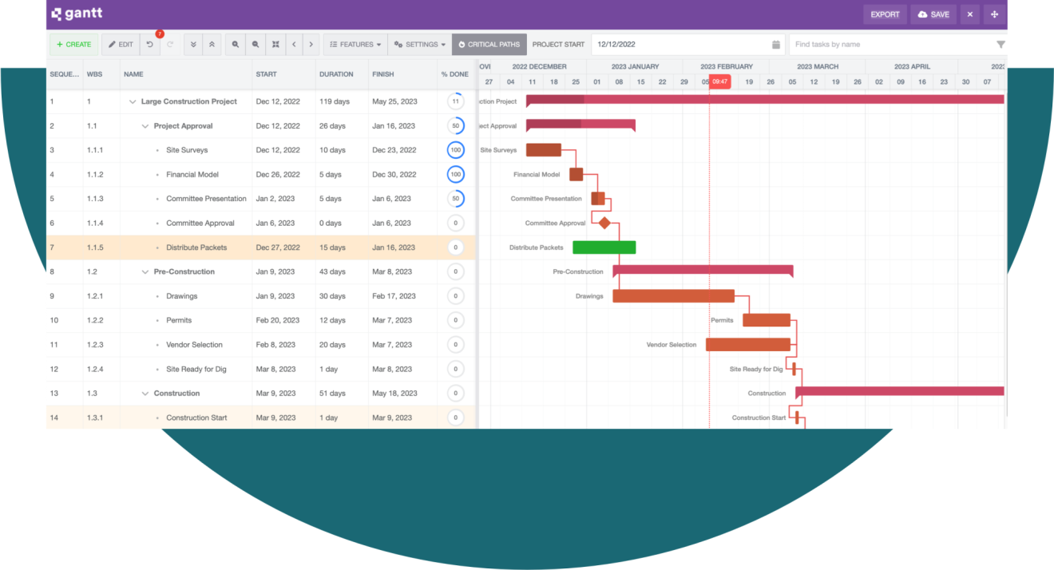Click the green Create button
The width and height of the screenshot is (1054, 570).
tap(73, 45)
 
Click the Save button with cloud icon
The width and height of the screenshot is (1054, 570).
tap(933, 14)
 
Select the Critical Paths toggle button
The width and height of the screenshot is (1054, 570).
tap(489, 45)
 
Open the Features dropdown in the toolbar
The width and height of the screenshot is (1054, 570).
tap(355, 45)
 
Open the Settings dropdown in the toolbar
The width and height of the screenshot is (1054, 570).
tap(420, 45)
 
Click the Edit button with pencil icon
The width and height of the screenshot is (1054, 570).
tap(121, 45)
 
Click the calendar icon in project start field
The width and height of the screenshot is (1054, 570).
tap(776, 45)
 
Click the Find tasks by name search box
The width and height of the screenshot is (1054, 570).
tap(890, 45)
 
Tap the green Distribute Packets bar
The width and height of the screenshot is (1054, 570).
tap(604, 247)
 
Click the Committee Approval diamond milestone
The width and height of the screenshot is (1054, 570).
tap(604, 224)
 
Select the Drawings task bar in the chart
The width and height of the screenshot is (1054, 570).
tap(672, 296)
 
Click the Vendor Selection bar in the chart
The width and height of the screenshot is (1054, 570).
tap(747, 345)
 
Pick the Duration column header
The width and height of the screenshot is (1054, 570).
tap(336, 74)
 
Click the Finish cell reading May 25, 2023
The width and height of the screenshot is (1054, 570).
tap(394, 101)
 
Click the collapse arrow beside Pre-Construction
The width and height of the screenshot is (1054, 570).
tap(145, 272)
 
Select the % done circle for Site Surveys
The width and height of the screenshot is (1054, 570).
tap(455, 150)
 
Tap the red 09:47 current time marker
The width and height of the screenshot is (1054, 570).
tap(719, 81)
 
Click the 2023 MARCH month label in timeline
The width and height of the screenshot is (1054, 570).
tap(817, 67)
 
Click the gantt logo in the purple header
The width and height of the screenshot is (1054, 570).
tap(77, 14)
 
